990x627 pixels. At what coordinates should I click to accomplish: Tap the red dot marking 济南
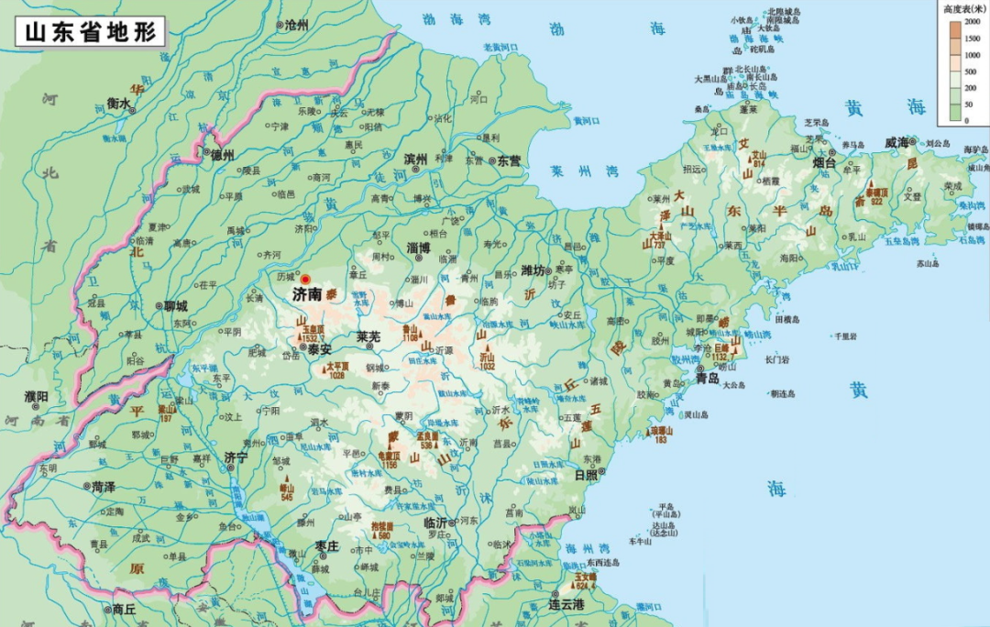click(306, 280)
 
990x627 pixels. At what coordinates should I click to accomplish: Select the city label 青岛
click(707, 378)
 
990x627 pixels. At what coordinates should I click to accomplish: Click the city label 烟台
click(825, 163)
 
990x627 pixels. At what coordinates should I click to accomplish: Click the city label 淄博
click(419, 247)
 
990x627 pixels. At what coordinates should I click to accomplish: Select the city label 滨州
click(415, 159)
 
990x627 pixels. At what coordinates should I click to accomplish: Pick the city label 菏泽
click(103, 487)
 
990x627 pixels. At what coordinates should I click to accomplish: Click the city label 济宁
click(236, 456)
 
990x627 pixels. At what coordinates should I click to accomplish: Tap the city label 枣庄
click(326, 546)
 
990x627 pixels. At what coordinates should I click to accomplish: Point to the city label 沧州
click(296, 25)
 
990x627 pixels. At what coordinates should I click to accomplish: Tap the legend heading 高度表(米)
click(964, 8)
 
